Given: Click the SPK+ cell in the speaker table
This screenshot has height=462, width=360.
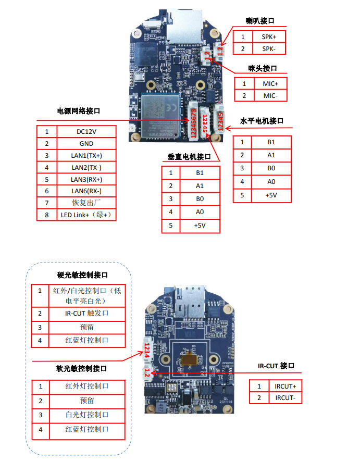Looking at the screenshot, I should (x=269, y=36).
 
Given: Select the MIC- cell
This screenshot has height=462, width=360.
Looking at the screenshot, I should (x=270, y=96).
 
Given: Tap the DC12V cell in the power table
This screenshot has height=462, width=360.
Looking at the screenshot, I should (x=86, y=132).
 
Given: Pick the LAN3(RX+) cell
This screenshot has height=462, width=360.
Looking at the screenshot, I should (x=86, y=179).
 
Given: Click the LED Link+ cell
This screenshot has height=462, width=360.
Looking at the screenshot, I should (x=86, y=215).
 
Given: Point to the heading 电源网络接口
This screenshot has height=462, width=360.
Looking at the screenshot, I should (x=78, y=111).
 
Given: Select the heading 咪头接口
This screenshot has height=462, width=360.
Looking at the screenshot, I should (x=262, y=68).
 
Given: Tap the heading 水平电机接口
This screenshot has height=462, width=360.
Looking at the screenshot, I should (x=262, y=121).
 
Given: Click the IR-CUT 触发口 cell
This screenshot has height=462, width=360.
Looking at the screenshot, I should (x=86, y=314).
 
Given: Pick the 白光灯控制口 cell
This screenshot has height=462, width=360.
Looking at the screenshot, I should (x=86, y=415).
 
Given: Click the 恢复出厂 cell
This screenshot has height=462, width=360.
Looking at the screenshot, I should (x=86, y=203).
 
